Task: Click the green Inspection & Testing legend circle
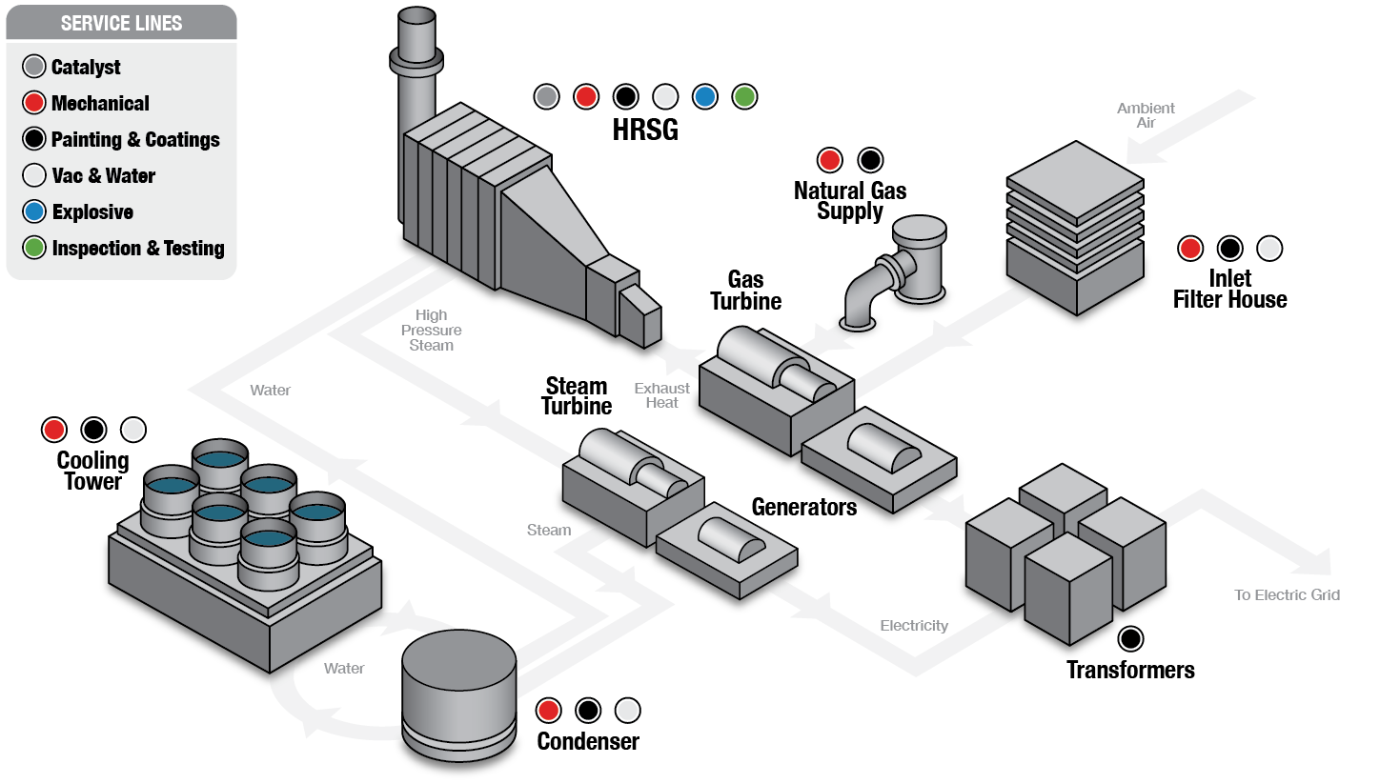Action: pos(34,248)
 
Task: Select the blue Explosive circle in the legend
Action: pos(34,211)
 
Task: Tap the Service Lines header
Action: pos(121,23)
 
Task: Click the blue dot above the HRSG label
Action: pos(704,96)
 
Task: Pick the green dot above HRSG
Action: pos(744,96)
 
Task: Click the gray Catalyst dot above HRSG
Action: pos(546,96)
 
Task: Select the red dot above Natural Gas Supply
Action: pos(830,159)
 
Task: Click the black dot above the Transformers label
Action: pos(1130,638)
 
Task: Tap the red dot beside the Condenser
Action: pos(548,710)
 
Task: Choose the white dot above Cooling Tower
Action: pos(133,430)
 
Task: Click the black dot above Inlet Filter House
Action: pos(1229,249)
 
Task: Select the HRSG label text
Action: pos(645,130)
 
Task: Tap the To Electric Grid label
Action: pos(1287,595)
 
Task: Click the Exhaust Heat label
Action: pos(661,395)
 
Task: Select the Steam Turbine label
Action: pos(577,396)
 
